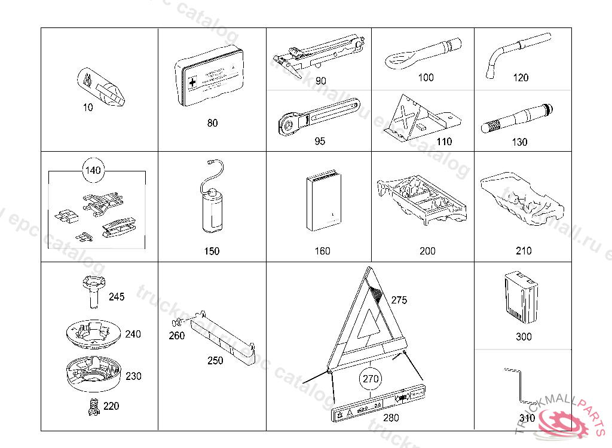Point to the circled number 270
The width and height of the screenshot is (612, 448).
(x=371, y=378)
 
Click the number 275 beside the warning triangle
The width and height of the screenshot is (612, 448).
(x=399, y=300)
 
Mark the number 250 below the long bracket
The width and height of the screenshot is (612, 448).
(x=215, y=361)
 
